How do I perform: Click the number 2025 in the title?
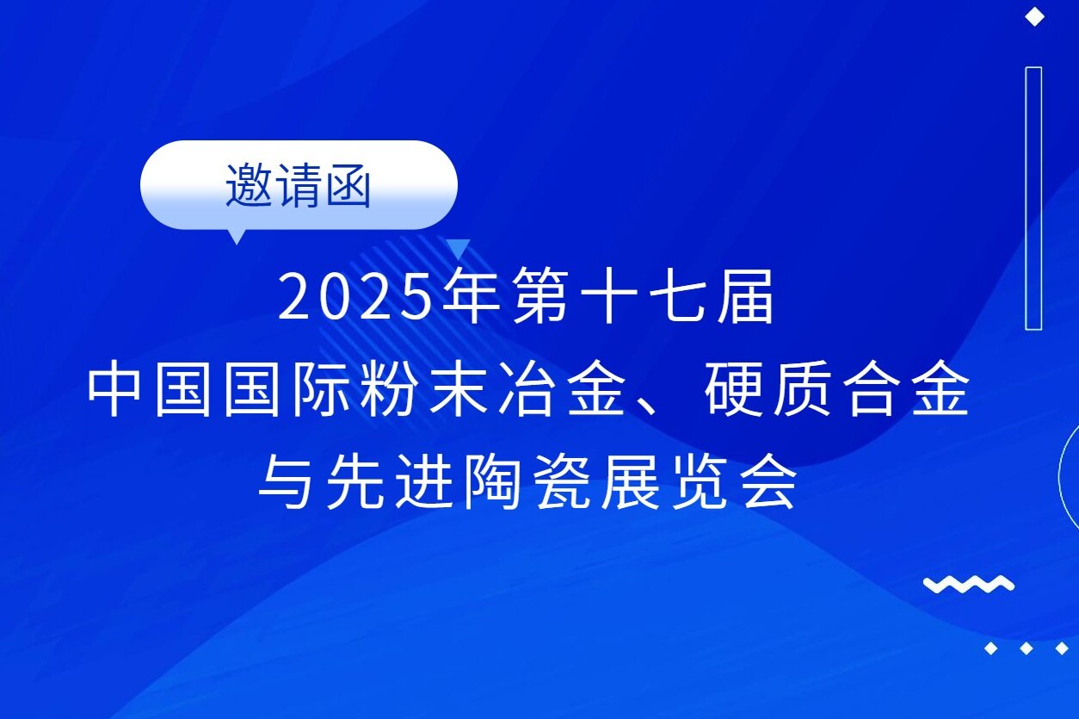point(354,298)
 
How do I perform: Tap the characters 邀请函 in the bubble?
point(298,185)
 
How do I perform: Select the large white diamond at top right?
point(1034,17)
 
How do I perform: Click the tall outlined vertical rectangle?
point(1033,198)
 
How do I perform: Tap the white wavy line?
point(969,585)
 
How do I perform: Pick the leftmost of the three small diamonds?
point(991,648)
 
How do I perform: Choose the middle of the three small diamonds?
point(1026,648)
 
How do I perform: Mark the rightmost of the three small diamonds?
point(1061,648)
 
